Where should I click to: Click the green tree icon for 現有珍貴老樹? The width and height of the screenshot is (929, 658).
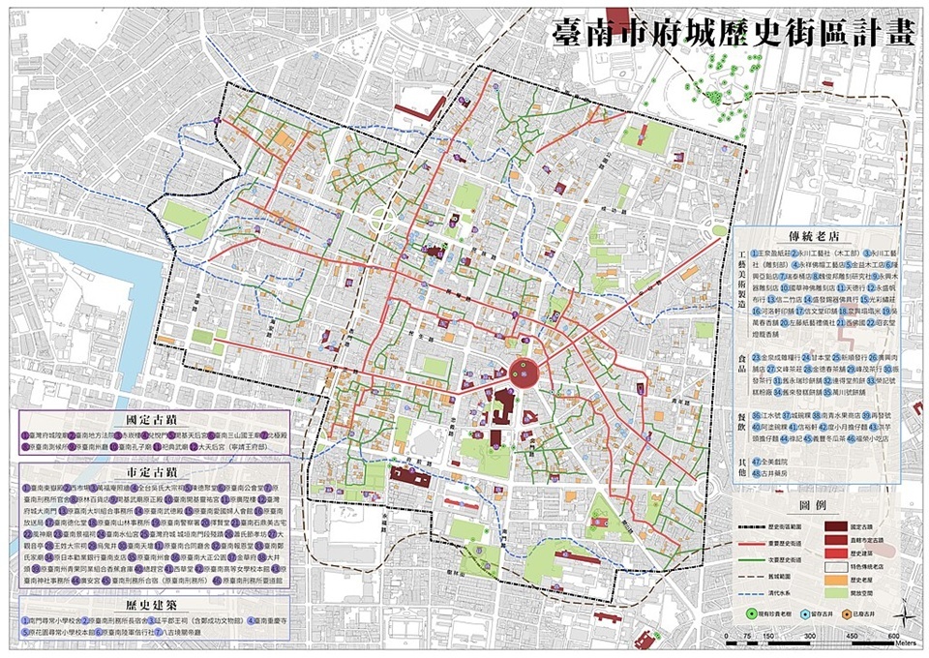pos(751,613)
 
